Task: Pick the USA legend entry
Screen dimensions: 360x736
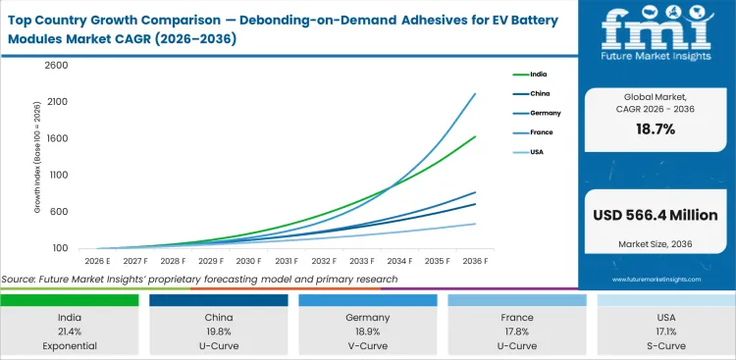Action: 536,152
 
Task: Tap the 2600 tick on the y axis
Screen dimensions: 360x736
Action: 56,66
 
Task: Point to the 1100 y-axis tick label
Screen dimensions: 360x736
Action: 58,175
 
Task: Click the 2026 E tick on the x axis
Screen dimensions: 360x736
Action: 95,261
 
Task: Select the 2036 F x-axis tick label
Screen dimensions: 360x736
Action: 476,261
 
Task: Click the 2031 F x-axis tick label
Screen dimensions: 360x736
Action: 287,261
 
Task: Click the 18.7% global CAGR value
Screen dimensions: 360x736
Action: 656,129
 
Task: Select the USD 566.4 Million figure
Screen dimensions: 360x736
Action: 656,214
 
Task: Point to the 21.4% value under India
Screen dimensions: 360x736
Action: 70,332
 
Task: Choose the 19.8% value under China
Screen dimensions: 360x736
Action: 219,332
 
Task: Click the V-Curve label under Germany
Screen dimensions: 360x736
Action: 368,345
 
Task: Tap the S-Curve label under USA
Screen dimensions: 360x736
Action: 666,345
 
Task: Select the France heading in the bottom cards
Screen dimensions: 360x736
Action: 517,318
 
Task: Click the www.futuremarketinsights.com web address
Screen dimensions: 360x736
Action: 656,280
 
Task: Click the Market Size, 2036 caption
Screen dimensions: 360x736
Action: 656,242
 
